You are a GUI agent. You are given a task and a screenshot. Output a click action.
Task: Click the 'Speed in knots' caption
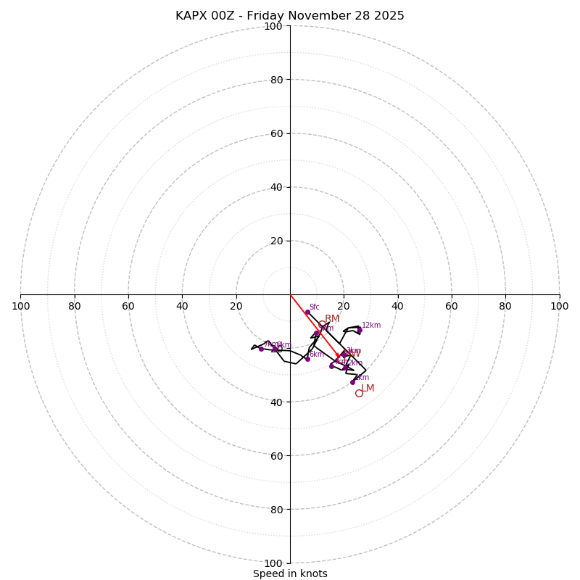pyautogui.click(x=290, y=573)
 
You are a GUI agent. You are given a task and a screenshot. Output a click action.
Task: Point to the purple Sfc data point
pyautogui.click(x=307, y=312)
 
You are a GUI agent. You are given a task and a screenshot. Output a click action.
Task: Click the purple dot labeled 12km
pyautogui.click(x=359, y=331)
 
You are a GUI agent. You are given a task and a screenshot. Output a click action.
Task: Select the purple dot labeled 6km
pyautogui.click(x=307, y=359)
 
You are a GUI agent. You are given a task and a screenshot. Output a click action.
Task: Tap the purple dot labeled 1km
pyautogui.click(x=353, y=382)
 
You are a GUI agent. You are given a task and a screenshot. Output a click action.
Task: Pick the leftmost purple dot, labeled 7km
pyautogui.click(x=261, y=349)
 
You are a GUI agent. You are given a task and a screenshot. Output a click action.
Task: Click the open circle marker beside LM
pyautogui.click(x=359, y=393)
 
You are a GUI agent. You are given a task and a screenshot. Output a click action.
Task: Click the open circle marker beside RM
pyautogui.click(x=322, y=324)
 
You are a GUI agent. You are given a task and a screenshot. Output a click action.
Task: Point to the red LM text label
pyautogui.click(x=368, y=389)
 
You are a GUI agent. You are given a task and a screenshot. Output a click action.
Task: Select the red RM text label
pyautogui.click(x=332, y=319)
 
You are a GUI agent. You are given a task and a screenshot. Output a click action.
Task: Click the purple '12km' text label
pyautogui.click(x=371, y=326)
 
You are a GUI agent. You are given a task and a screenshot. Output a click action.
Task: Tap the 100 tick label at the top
pyautogui.click(x=273, y=26)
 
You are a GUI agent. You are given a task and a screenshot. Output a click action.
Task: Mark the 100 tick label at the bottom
pyautogui.click(x=273, y=563)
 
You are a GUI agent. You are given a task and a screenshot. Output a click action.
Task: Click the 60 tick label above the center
pyautogui.click(x=276, y=133)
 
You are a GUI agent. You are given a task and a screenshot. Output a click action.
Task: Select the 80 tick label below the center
pyautogui.click(x=276, y=510)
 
